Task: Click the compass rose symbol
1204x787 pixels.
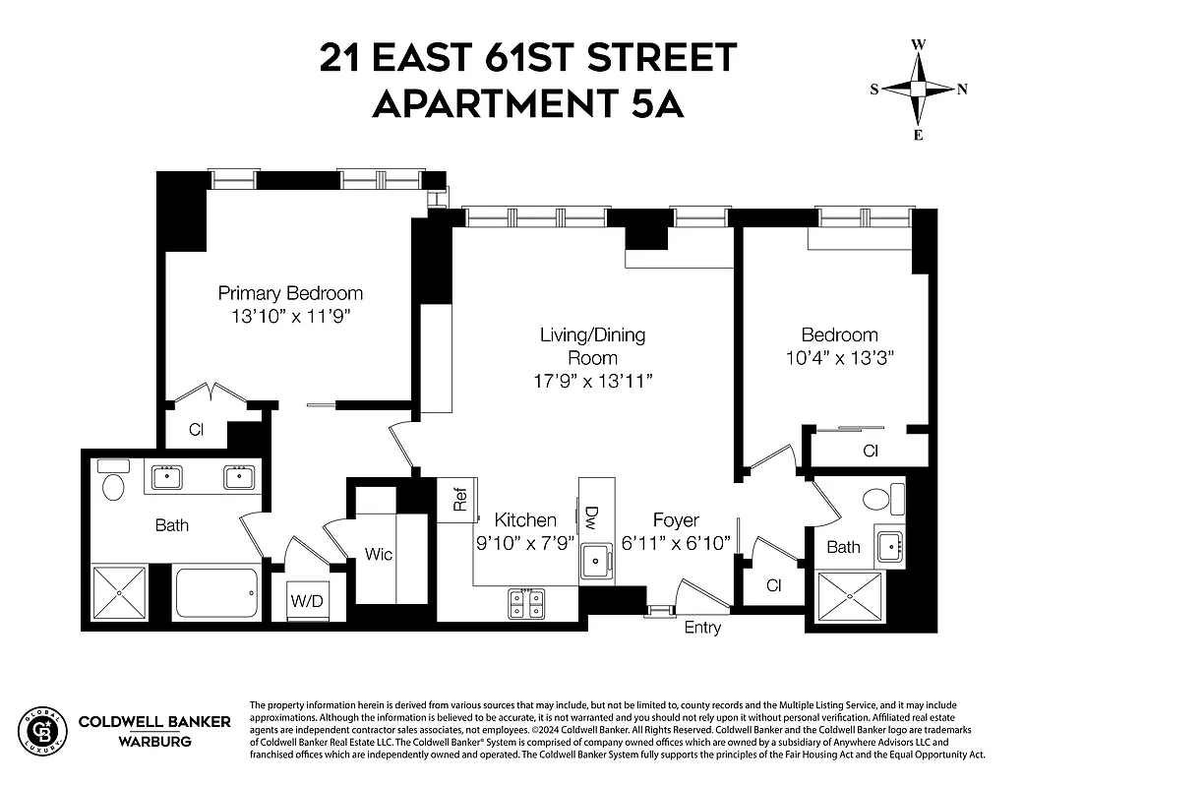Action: (x=918, y=89)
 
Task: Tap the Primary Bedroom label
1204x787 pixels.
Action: (x=290, y=293)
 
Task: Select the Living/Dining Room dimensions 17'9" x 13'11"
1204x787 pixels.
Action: (x=592, y=381)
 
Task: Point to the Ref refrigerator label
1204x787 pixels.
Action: (x=459, y=500)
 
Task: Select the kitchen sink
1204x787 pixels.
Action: (x=596, y=562)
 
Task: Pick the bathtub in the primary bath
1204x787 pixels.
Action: (x=216, y=592)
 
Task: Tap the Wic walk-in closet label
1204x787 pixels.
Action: (x=379, y=555)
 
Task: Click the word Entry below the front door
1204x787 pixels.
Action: (x=702, y=628)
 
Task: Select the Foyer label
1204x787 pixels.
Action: (x=676, y=520)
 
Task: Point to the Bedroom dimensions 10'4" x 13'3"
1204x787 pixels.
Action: (x=839, y=358)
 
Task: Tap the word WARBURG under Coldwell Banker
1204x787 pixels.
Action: (x=154, y=741)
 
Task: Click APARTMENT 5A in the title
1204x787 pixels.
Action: (x=527, y=102)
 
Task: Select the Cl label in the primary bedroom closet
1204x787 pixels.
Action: (x=196, y=430)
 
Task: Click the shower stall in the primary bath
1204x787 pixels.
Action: (x=119, y=592)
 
